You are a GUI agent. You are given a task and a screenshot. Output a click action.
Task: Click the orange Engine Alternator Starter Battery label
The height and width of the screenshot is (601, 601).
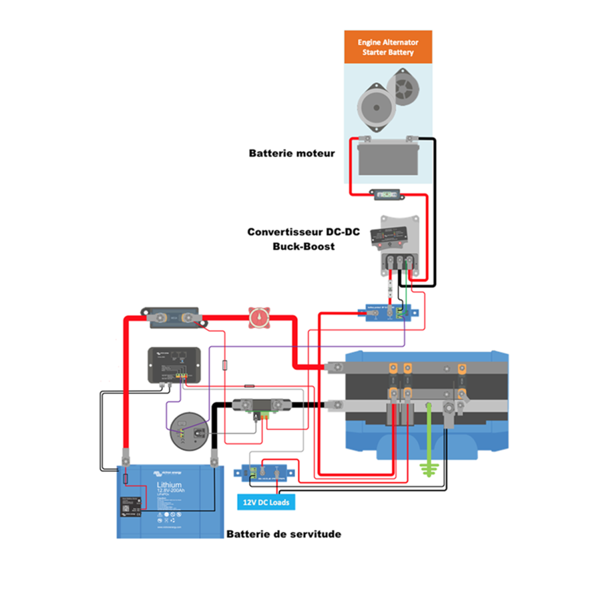[x=387, y=47]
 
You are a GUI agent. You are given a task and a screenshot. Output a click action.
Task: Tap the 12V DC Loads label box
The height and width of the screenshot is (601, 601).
[x=266, y=502]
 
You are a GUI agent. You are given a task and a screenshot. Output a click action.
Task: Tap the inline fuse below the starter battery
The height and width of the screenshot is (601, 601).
[x=387, y=195]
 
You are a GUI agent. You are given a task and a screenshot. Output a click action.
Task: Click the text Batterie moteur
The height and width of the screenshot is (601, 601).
[x=292, y=153]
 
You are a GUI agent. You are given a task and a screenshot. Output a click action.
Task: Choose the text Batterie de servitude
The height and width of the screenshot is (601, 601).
[x=284, y=534]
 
